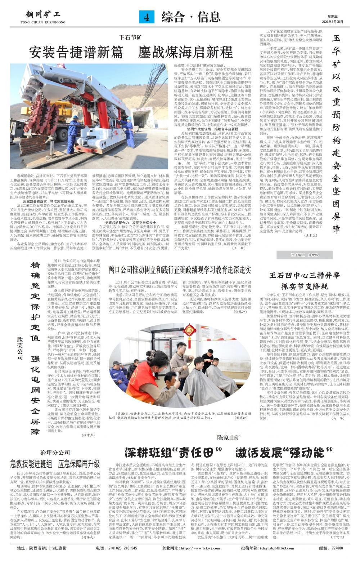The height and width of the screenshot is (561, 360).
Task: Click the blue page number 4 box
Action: pos(147,17)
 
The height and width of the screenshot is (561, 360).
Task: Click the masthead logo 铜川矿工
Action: pos(43,15)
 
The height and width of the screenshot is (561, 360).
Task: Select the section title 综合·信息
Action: pos(191,17)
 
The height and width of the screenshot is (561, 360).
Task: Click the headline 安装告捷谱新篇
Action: pos(76,53)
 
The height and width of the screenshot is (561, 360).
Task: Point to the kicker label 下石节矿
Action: pos(131,37)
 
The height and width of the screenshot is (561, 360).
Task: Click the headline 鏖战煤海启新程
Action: pos(185,53)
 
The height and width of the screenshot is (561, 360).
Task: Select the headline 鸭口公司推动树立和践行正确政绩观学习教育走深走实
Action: pos(180,270)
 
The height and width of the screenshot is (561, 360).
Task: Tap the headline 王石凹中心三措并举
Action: pos(305,276)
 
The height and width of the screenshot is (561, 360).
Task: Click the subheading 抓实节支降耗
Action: pos(305,286)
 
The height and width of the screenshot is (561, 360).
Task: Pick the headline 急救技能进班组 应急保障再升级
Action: pos(55,463)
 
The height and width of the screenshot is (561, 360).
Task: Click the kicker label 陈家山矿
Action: pos(229,438)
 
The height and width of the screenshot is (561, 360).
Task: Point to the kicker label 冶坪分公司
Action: pos(55,453)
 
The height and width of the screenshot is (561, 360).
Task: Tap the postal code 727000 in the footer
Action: pos(337,548)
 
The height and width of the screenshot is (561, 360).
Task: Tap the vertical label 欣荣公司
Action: pos(20,348)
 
